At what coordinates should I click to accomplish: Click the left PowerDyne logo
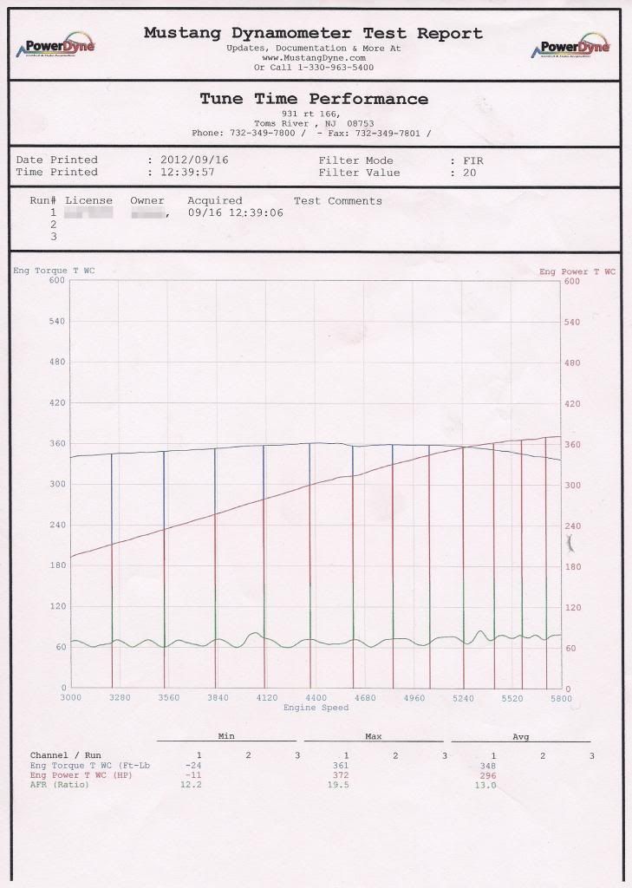click(x=55, y=47)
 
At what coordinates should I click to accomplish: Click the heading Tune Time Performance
click(x=314, y=99)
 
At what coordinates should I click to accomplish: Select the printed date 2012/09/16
click(x=190, y=160)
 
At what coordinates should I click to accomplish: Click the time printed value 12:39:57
click(x=186, y=173)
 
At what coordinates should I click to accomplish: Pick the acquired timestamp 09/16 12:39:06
click(x=235, y=212)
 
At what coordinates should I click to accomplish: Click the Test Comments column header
click(x=337, y=201)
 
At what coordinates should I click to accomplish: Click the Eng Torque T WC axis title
click(x=54, y=271)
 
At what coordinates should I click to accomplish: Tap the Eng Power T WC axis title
click(x=577, y=271)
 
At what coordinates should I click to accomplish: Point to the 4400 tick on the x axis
click(x=316, y=697)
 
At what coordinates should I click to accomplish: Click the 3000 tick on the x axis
click(x=70, y=697)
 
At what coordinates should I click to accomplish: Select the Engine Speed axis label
click(x=316, y=708)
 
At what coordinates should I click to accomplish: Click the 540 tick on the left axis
click(x=57, y=321)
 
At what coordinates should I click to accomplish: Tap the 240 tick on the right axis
click(x=573, y=526)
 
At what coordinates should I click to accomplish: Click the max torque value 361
click(x=341, y=766)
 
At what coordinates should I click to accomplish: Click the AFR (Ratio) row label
click(x=61, y=785)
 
